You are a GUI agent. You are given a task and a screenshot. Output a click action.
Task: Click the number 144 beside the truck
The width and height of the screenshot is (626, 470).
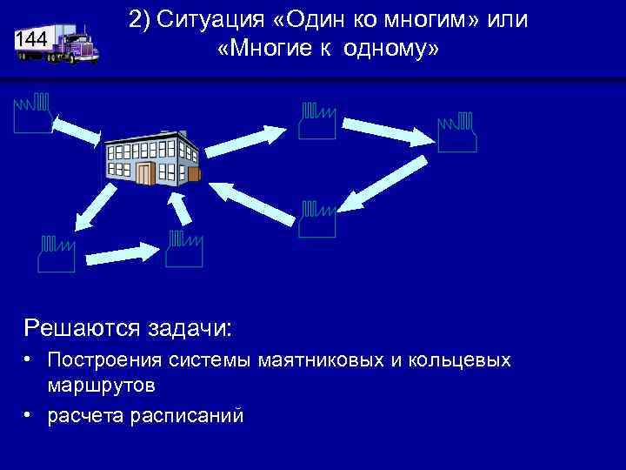coord(30,40)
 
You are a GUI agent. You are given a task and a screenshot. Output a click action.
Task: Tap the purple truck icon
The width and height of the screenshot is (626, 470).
coord(75,44)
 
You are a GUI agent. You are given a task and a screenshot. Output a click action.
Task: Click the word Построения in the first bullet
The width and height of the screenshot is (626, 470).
coord(98,359)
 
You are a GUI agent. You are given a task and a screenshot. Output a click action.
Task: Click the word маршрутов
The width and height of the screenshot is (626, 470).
coord(102,384)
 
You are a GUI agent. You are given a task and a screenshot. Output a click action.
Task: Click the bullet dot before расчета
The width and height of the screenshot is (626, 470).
coord(29,414)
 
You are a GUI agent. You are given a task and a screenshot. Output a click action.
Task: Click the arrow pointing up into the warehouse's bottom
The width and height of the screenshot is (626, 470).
coord(180,209)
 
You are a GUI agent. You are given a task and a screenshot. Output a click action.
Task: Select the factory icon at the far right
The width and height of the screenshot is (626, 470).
coord(457,131)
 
